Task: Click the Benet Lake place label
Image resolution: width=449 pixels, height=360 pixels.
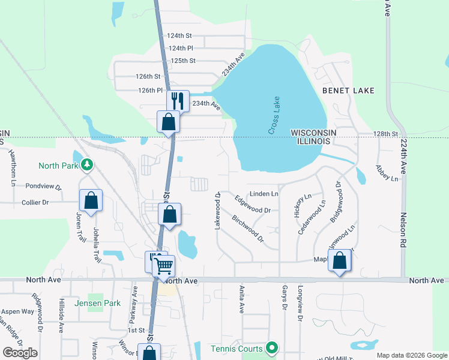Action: pos(348,91)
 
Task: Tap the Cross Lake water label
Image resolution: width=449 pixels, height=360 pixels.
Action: pos(274,115)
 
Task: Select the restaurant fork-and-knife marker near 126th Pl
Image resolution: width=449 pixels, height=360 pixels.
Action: pos(178,100)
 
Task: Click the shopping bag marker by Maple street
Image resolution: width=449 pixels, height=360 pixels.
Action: pos(340,261)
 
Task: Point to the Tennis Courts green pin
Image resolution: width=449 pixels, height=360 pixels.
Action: pos(272,348)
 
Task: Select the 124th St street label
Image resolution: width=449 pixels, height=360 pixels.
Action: pos(179,36)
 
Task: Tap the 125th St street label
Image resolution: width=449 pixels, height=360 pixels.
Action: pos(183,61)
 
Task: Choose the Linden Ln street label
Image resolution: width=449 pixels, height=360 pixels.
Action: pos(264,194)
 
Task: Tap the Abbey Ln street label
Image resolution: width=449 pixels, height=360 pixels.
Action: pos(387,173)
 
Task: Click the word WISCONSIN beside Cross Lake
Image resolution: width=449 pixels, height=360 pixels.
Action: pos(313,132)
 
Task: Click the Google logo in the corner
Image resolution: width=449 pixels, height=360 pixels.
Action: pos(20,353)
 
